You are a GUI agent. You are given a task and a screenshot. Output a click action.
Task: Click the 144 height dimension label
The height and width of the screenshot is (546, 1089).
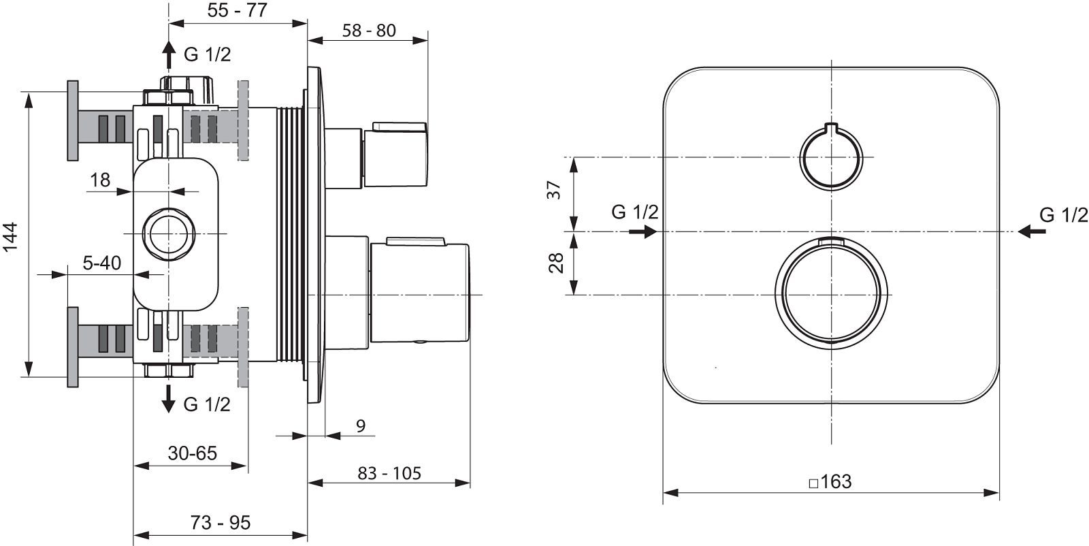11,237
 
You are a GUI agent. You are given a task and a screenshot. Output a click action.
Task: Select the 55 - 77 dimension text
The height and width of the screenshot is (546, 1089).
238,10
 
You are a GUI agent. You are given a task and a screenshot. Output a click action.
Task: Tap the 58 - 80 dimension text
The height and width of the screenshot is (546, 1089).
369,31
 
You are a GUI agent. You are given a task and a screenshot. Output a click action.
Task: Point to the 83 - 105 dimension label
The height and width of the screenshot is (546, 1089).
389,473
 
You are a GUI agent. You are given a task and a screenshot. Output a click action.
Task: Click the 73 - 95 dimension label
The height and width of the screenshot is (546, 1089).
221,523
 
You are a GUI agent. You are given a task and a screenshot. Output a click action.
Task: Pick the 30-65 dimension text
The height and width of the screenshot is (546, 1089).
193,453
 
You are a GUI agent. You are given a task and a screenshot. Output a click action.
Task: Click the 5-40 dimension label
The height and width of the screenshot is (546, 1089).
101,263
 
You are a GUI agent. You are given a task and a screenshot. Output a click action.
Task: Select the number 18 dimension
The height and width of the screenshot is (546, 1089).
100,180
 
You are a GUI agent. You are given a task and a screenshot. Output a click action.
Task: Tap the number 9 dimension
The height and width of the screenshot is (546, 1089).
360,426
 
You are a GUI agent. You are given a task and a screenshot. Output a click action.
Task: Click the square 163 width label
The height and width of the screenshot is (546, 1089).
830,481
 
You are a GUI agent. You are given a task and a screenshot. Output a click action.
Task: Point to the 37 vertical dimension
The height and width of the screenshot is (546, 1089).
554,190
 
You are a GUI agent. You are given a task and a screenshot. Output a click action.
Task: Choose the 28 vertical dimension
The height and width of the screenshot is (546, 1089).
555,263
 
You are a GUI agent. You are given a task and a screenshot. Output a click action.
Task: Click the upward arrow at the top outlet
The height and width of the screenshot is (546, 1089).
169,55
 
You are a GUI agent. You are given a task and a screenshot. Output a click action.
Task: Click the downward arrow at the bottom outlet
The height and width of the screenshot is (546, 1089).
168,399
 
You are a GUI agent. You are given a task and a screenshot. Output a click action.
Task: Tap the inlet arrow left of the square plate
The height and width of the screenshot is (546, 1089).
643,231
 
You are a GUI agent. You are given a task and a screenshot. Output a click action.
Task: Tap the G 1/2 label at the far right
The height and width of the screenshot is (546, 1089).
1064,215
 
